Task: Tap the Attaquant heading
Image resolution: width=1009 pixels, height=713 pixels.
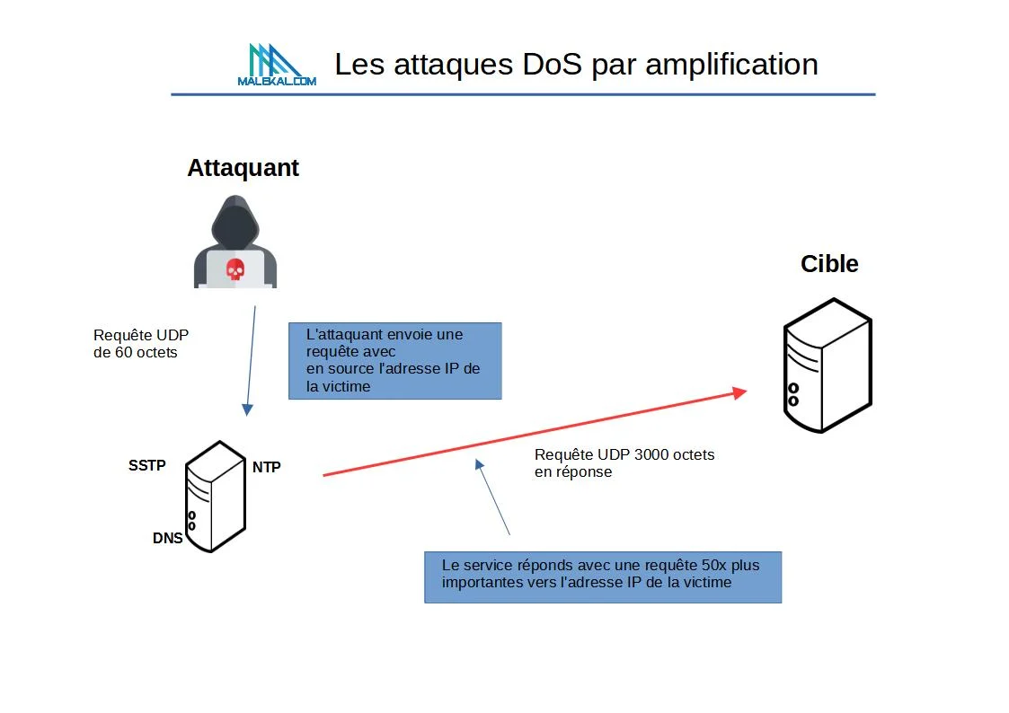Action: tap(243, 168)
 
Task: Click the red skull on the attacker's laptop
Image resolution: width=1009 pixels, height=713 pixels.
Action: tap(235, 268)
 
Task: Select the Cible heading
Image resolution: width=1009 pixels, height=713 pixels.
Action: tap(829, 264)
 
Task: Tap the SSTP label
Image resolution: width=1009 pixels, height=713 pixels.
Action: tap(147, 465)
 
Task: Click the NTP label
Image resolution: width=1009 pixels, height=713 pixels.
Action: tap(266, 467)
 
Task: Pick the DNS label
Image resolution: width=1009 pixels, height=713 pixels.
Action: tap(167, 539)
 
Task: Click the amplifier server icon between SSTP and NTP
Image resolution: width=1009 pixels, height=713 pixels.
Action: tap(215, 496)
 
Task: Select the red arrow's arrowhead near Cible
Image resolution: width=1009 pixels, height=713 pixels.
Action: tap(739, 392)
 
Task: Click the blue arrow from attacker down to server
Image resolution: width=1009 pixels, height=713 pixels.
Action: tap(251, 359)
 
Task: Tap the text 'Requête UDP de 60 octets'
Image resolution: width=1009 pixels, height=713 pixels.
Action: tap(141, 344)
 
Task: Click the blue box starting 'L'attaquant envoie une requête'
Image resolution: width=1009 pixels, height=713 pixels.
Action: tap(394, 360)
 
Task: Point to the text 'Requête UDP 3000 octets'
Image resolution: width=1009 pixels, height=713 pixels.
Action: tap(624, 455)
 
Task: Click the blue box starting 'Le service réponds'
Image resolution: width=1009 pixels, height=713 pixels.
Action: tap(602, 576)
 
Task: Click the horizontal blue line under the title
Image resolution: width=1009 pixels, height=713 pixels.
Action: tap(523, 94)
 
